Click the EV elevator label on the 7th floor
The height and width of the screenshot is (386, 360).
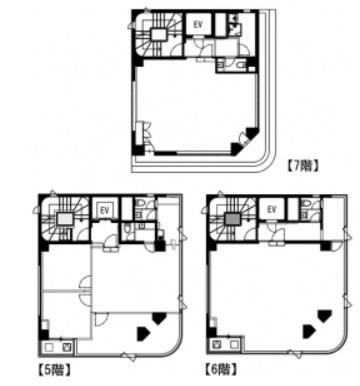point(198,24)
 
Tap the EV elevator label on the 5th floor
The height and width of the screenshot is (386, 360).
point(105,210)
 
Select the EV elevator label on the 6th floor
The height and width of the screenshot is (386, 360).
point(272,209)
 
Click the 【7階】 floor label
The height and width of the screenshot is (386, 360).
point(303,166)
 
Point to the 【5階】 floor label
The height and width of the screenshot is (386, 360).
point(54,370)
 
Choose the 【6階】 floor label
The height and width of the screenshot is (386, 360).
point(221,369)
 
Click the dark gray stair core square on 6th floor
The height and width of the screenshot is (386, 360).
point(232,220)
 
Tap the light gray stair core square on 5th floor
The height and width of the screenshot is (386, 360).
point(65,219)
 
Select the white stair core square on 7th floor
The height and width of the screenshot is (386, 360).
point(158,34)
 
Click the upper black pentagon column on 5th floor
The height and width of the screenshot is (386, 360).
point(158,318)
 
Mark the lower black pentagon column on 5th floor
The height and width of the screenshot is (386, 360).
point(143,333)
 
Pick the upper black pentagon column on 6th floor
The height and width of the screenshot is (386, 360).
point(325,316)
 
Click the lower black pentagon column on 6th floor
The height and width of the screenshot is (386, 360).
point(308,331)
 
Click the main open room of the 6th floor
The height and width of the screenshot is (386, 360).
point(277,293)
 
